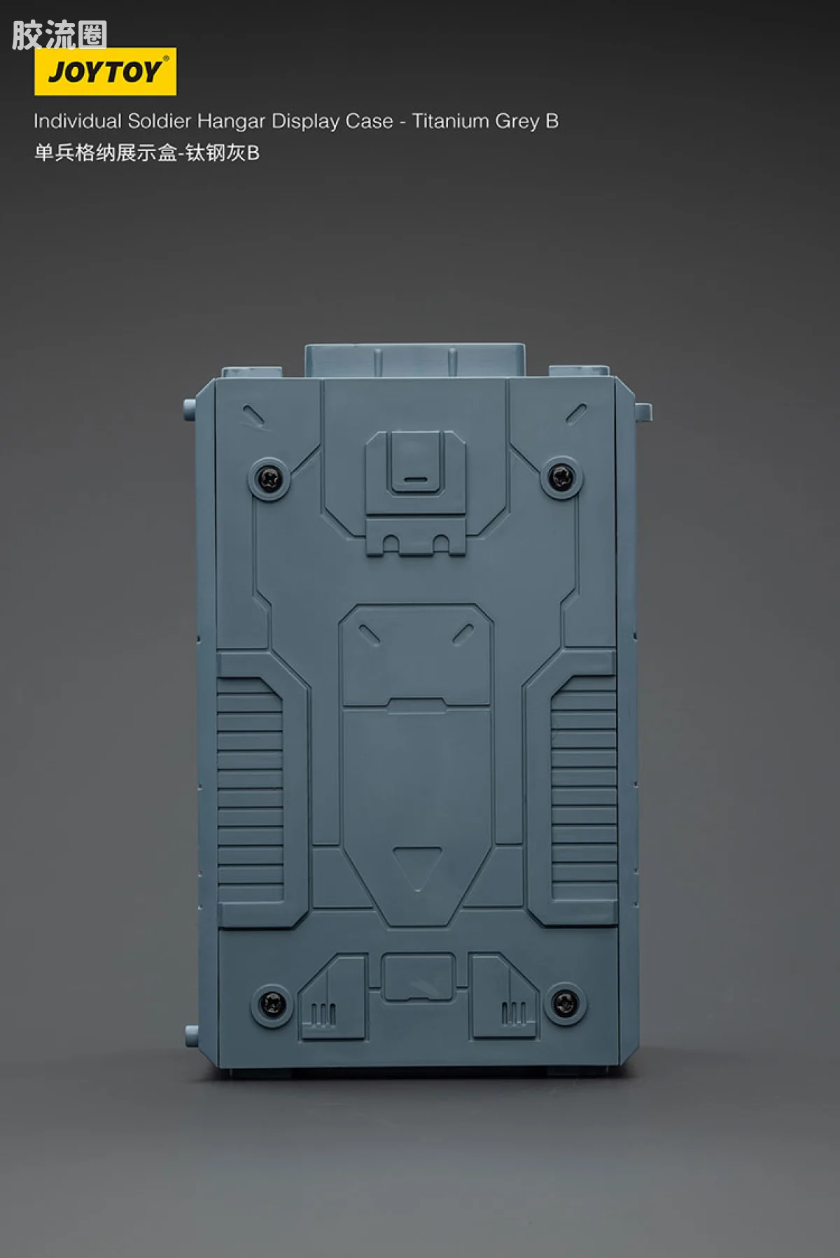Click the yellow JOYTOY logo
click(x=105, y=71)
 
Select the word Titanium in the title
click(x=450, y=121)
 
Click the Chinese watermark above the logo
click(x=59, y=35)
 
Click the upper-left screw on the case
click(x=269, y=479)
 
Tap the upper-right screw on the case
click(x=561, y=478)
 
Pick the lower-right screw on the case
click(x=565, y=1003)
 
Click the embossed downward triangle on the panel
click(x=417, y=866)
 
